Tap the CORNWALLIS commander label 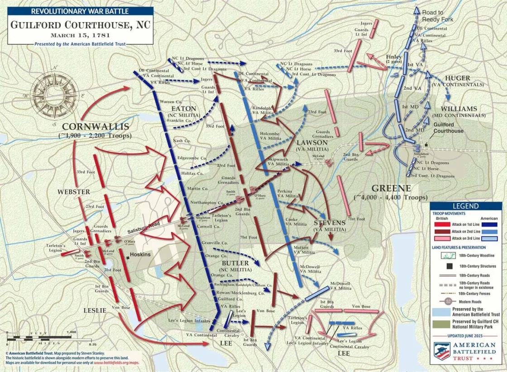tap(96, 127)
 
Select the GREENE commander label tap(391, 189)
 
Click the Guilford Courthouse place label tap(448, 128)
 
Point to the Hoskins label tap(140, 254)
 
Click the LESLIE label tap(95, 310)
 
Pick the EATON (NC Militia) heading tap(183, 109)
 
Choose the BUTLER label tap(235, 263)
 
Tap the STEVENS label tap(330, 223)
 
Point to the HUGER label tap(457, 78)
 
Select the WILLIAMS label tap(459, 109)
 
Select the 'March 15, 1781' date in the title tap(81, 35)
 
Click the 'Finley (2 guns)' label tap(394, 57)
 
